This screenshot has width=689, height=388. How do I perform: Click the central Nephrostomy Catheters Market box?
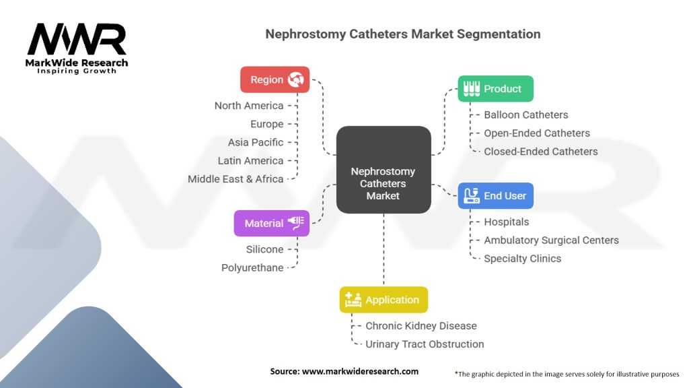pyautogui.click(x=383, y=170)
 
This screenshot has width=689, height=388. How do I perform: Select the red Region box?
pyautogui.click(x=275, y=79)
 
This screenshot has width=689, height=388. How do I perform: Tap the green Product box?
pyautogui.click(x=495, y=88)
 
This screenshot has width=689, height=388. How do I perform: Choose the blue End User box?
pyautogui.click(x=496, y=196)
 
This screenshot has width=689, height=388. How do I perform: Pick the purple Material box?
pyautogui.click(x=272, y=223)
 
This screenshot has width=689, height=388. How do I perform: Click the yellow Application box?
pyautogui.click(x=383, y=300)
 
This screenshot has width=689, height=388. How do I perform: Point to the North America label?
pyautogui.click(x=249, y=106)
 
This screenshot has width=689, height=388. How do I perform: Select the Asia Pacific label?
pyautogui.click(x=256, y=142)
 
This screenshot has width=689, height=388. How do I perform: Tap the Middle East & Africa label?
pyautogui.click(x=235, y=179)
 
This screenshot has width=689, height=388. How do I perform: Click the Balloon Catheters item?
pyautogui.click(x=525, y=115)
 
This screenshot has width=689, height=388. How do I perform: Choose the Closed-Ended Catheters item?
pyautogui.click(x=540, y=152)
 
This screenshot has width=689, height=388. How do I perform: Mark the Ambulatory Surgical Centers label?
pyautogui.click(x=551, y=240)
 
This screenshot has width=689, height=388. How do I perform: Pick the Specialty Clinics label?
pyautogui.click(x=522, y=259)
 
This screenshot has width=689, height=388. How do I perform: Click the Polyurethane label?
pyautogui.click(x=252, y=267)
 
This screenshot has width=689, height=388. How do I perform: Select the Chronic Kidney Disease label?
pyautogui.click(x=421, y=326)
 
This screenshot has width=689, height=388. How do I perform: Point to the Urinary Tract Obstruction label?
pyautogui.click(x=425, y=344)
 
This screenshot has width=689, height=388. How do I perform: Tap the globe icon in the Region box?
pyautogui.click(x=295, y=79)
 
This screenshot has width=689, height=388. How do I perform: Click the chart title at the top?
pyautogui.click(x=402, y=34)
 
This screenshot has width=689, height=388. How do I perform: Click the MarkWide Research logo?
pyautogui.click(x=77, y=48)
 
